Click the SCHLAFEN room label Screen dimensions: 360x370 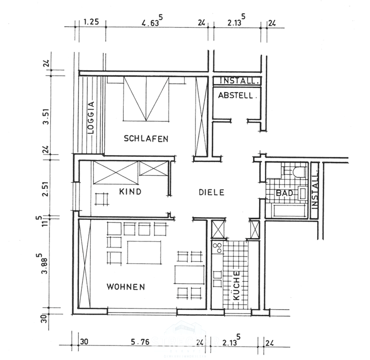(x=145, y=139)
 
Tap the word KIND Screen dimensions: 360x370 (x=129, y=192)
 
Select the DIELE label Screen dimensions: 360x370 (x=211, y=192)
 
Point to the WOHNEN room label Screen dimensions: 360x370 (x=126, y=287)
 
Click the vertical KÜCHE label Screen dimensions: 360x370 (x=237, y=286)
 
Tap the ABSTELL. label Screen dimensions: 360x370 (x=236, y=96)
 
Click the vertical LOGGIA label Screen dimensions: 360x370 (x=90, y=117)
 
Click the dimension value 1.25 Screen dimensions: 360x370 (x=91, y=22)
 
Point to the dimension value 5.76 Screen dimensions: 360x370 (x=141, y=342)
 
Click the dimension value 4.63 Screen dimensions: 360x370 (x=151, y=22)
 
